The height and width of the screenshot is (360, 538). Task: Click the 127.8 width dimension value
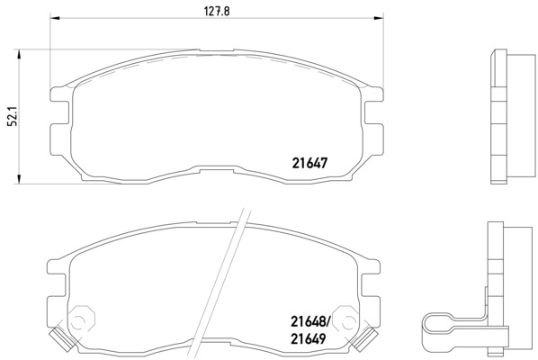click(x=217, y=11)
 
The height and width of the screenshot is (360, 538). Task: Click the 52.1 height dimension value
click(x=12, y=118)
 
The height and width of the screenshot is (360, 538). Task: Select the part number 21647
click(x=309, y=163)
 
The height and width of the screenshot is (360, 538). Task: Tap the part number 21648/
click(x=309, y=321)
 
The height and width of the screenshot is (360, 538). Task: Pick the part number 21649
click(x=308, y=339)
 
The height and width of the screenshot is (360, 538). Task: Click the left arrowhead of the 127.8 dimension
click(x=55, y=17)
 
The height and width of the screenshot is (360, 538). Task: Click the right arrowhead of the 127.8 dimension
click(x=379, y=17)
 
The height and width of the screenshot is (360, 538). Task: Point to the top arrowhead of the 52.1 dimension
click(x=19, y=54)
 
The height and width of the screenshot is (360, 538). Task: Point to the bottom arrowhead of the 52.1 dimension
click(x=19, y=179)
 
